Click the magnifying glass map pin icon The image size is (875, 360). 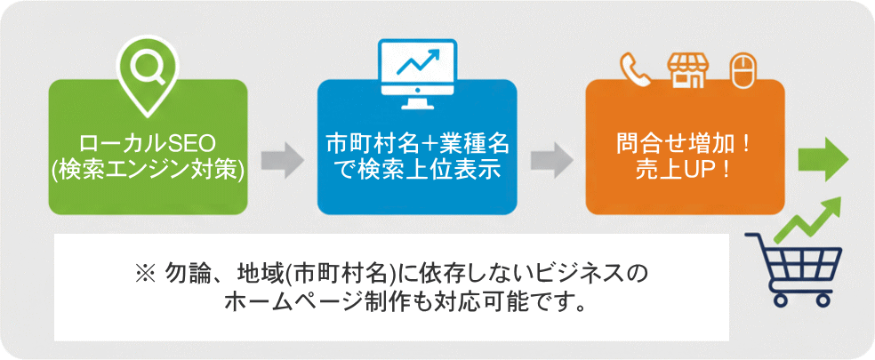[x=147, y=68]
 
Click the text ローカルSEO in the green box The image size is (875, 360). [x=148, y=143]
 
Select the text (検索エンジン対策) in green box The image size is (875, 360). [x=148, y=169]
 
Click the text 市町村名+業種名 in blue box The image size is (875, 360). [x=417, y=143]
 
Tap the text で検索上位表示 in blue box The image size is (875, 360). [x=417, y=169]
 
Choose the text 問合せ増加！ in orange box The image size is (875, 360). [x=685, y=143]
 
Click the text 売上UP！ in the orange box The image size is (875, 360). [x=685, y=169]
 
